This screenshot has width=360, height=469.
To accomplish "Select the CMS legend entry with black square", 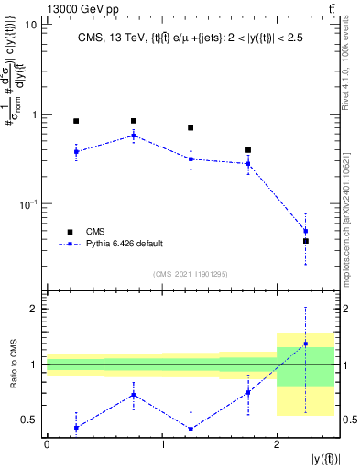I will click(x=70, y=232).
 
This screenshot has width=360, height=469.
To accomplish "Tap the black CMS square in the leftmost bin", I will click(x=76, y=121).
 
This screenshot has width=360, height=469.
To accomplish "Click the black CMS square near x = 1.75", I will click(x=248, y=150).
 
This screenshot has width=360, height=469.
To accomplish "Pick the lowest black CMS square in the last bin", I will click(x=306, y=241).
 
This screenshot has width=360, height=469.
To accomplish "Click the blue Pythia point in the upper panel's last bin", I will click(x=306, y=231).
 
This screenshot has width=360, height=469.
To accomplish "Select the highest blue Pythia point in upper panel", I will click(x=134, y=136).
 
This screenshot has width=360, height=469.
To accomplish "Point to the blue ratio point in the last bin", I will click(x=306, y=344).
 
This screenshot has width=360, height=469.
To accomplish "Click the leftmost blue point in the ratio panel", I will click(x=76, y=428).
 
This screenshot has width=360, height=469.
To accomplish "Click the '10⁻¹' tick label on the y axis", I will click(x=27, y=203).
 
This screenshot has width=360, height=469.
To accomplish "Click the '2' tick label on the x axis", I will click(x=277, y=444).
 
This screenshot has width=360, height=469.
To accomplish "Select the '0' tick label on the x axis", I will click(x=47, y=444).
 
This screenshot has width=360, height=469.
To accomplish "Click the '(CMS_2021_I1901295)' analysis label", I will click(x=190, y=274).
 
